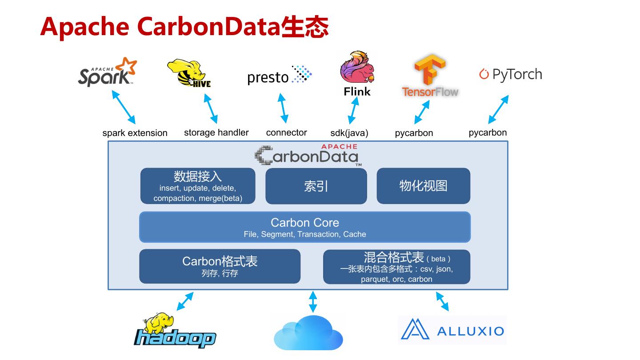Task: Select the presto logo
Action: (x=279, y=76)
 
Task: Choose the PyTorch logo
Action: (x=511, y=74)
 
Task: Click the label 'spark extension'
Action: (x=135, y=133)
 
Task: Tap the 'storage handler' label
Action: (x=216, y=132)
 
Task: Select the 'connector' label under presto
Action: (x=286, y=132)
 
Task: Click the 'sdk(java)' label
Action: (x=349, y=133)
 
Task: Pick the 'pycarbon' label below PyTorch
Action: (x=488, y=132)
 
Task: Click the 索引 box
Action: (x=316, y=186)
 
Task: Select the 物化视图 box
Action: (x=423, y=186)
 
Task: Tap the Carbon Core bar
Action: (x=305, y=227)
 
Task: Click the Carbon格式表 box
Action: (x=220, y=266)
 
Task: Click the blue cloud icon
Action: (x=308, y=333)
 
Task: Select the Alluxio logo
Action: (x=452, y=330)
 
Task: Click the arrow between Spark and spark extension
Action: (x=124, y=107)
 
